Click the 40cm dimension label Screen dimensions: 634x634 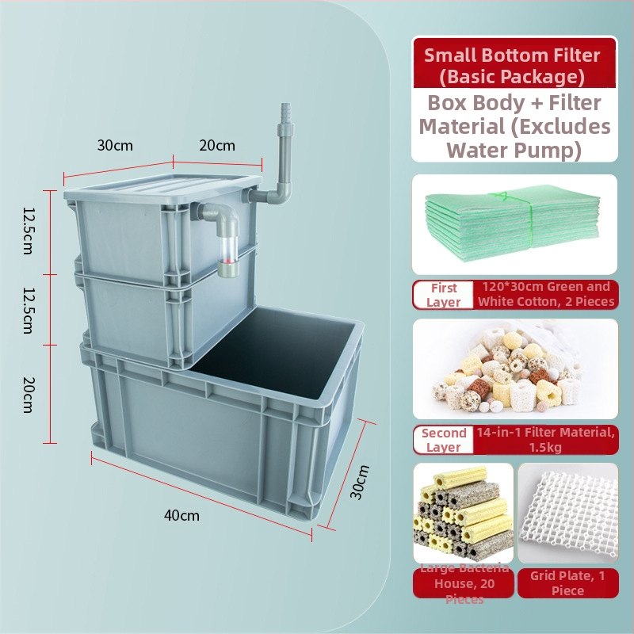click(181, 516)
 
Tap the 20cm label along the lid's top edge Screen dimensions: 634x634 click(216, 145)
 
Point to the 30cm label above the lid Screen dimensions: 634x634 click(115, 145)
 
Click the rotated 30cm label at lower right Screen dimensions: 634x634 click(360, 482)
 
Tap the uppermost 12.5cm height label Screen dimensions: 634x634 click(29, 229)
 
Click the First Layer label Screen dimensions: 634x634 click(443, 295)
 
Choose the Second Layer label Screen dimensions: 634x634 click(444, 440)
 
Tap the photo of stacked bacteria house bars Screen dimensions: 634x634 click(463, 515)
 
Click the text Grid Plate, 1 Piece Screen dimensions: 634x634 click(567, 582)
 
